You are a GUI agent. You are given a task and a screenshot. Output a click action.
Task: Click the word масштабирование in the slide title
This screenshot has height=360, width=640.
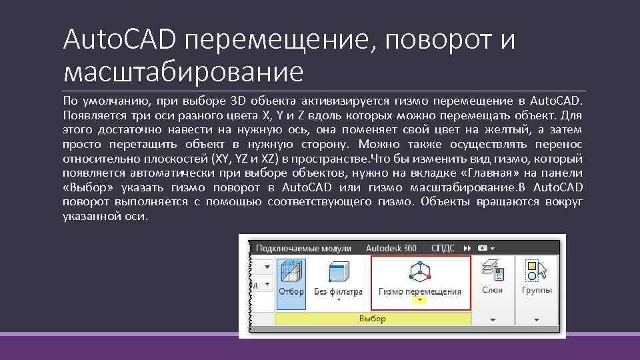[x=183, y=70]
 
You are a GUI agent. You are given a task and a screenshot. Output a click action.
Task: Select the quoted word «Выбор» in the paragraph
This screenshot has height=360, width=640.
[x=87, y=187]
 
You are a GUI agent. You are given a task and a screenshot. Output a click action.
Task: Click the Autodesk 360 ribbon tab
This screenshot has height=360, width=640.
[x=391, y=248]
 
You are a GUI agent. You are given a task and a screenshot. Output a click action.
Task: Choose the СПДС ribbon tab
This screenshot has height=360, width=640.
[x=443, y=248]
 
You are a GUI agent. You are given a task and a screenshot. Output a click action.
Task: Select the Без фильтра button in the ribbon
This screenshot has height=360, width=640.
[x=338, y=273]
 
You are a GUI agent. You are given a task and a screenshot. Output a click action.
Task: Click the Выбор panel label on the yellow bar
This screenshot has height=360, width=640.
[x=373, y=319]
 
